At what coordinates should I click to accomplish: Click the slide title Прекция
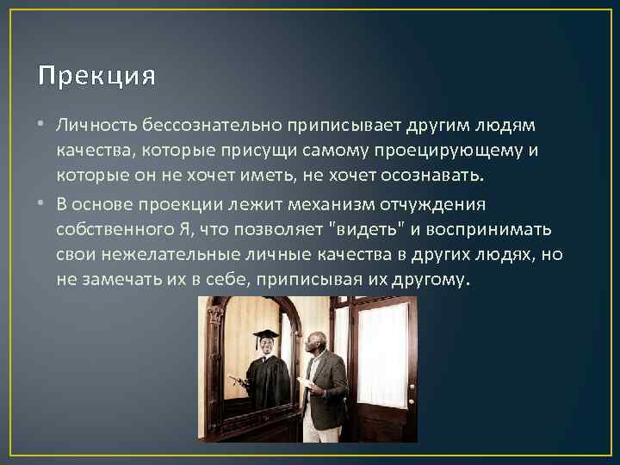[x=97, y=77]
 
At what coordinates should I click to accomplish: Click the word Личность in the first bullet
[x=88, y=127]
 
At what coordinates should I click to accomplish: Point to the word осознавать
[x=437, y=177]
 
